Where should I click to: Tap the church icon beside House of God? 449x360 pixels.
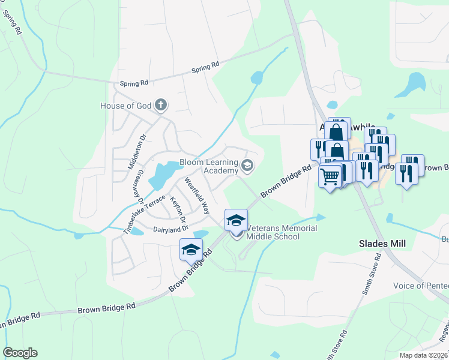160,106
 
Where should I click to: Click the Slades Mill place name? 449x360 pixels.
382,244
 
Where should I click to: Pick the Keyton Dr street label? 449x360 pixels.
178,208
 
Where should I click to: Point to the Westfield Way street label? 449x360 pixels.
197,196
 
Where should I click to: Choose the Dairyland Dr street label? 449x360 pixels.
170,229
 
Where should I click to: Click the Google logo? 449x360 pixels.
20,353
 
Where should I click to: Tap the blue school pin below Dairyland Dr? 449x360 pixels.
191,250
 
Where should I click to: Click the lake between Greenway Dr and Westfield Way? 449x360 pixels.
159,175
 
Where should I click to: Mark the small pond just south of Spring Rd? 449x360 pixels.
257,77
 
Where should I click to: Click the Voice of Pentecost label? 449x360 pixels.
420,286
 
